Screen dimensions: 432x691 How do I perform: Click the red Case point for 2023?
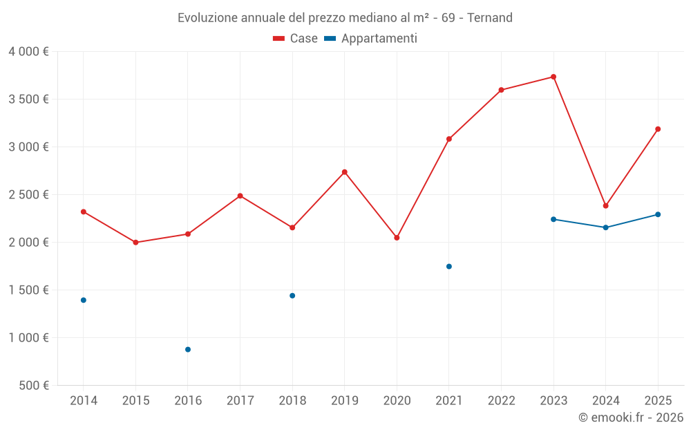click(x=553, y=77)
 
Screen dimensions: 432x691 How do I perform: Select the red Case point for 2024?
click(x=605, y=205)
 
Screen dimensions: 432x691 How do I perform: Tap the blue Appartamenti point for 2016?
click(x=188, y=350)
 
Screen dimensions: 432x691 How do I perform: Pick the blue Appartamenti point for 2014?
click(x=84, y=300)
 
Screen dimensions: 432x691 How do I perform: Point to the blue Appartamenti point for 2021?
click(x=449, y=266)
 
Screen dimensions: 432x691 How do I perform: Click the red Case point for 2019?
click(x=345, y=172)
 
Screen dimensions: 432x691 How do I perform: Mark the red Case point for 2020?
click(x=397, y=238)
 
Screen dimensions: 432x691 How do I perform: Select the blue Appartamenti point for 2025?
click(x=658, y=214)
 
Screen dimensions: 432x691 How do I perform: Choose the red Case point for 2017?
click(x=240, y=196)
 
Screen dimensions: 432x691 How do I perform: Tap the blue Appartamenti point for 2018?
click(x=292, y=296)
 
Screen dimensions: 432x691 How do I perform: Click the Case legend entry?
click(x=296, y=39)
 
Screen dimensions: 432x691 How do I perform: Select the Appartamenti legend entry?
click(x=371, y=39)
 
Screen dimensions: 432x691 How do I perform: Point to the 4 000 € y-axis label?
click(x=28, y=52)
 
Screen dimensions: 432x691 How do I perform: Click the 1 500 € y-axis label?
click(x=28, y=290)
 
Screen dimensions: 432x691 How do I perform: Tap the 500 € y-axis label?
click(x=32, y=386)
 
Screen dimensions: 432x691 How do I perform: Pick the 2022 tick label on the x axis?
click(x=501, y=401)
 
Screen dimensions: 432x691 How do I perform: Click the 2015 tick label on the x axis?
click(x=135, y=401)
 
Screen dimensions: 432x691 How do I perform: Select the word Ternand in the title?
click(x=490, y=18)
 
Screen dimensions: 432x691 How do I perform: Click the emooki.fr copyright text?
click(x=630, y=417)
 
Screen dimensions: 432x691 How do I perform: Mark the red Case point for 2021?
click(x=449, y=139)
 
